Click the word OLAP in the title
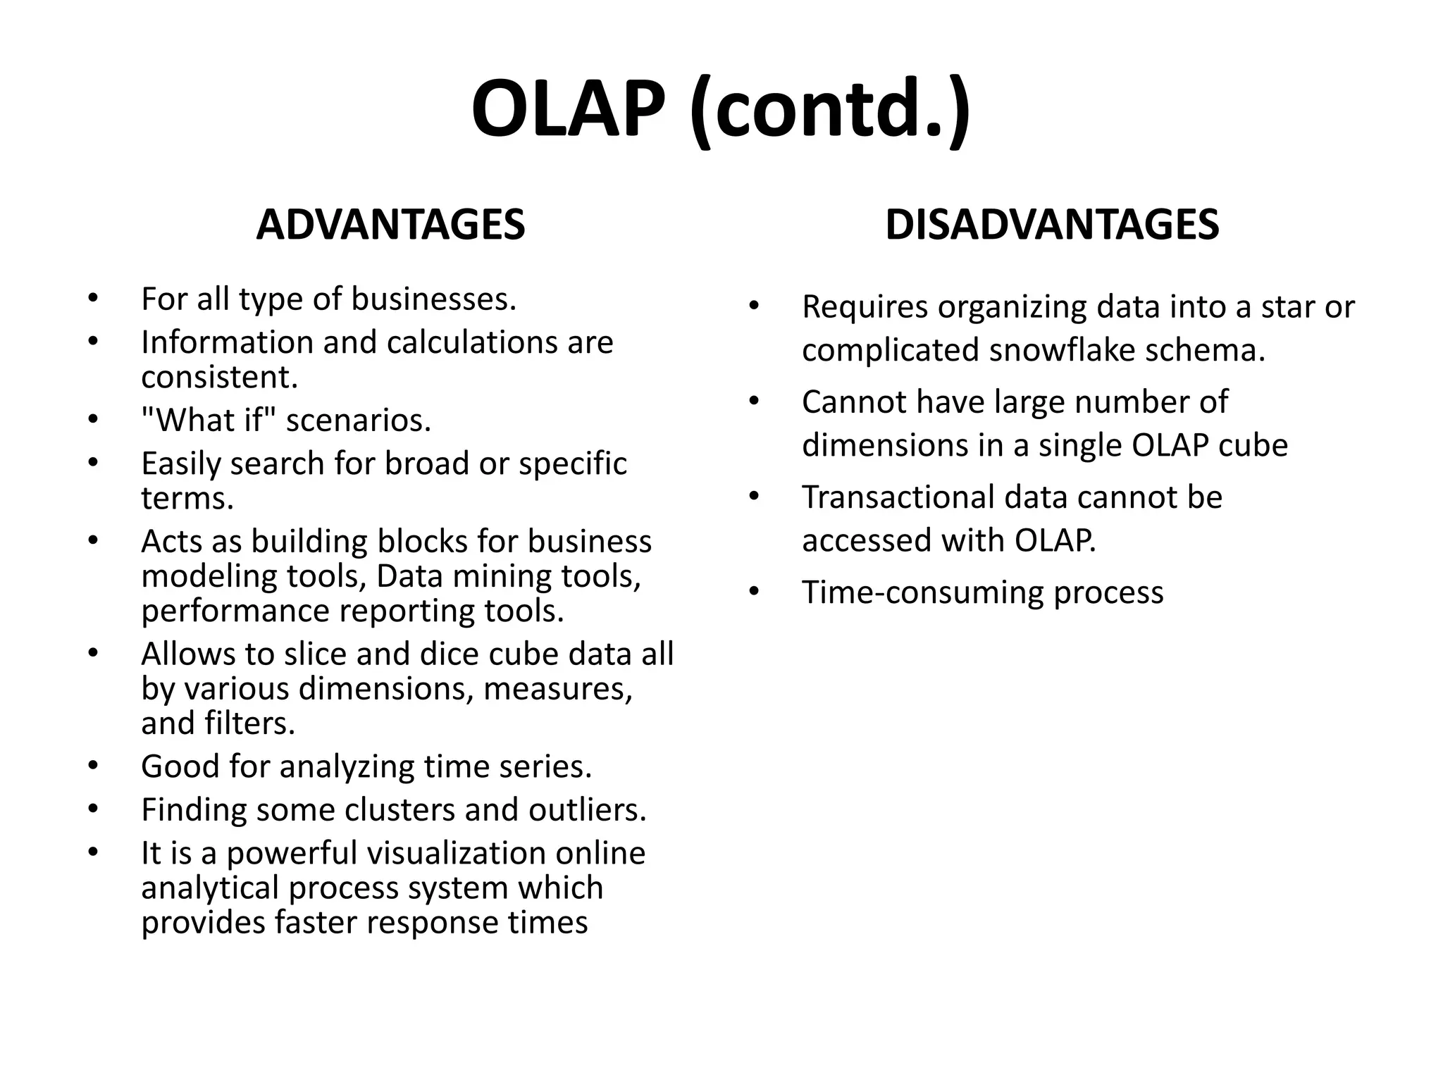(568, 109)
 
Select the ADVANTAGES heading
(390, 225)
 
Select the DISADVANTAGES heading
(1051, 225)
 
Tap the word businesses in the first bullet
(433, 299)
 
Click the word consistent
(219, 377)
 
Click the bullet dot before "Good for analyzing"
(93, 766)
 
